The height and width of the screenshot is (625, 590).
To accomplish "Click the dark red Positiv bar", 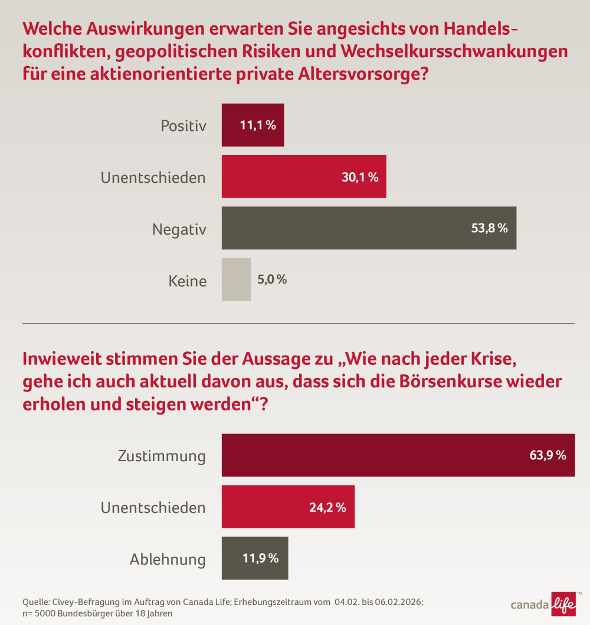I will pos(253,125).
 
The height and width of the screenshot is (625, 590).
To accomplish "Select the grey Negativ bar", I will pos(369,228).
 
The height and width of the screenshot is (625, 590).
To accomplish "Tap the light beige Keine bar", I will pos(236,279).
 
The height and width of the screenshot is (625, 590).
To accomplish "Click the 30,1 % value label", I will pos(359,177).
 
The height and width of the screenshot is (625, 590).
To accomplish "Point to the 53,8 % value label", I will pos(489,228).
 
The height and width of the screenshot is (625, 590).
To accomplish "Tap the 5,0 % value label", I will pos(272,279).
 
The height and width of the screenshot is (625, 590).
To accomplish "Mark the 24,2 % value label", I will pos(327,507).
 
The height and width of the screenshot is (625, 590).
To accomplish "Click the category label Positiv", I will pos(183,126).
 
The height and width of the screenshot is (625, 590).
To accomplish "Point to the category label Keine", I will pos(188,281).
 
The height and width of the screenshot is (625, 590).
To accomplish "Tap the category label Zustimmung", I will pos(162,456).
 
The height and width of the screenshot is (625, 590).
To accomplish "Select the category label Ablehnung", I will pos(168,559).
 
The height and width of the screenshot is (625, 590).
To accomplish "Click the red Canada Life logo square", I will pos(563,604).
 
